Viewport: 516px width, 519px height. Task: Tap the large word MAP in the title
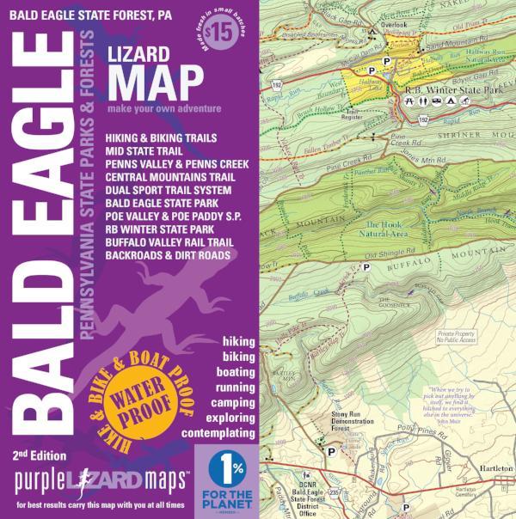point(155,81)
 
